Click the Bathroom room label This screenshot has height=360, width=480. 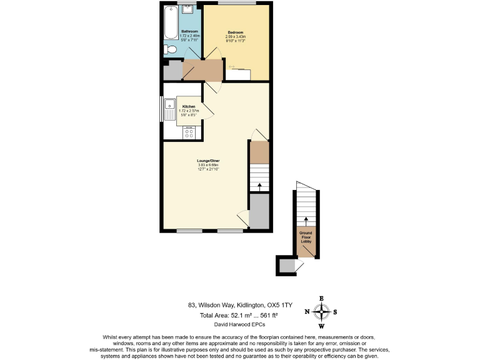[x=189, y=31]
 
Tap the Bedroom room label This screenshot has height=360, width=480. [x=235, y=32]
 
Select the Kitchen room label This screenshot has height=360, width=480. [x=189, y=107]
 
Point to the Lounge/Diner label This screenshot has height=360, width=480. [x=208, y=161]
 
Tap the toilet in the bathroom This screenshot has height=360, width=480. [x=168, y=50]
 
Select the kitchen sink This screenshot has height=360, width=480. [x=169, y=111]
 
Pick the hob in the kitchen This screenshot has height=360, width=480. [x=189, y=133]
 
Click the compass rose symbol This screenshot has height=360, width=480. [x=322, y=312]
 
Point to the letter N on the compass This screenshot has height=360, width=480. [x=307, y=312]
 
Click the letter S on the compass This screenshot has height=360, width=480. [x=336, y=312]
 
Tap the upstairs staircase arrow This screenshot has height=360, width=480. [x=259, y=186]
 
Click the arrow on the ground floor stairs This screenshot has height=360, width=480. [x=306, y=220]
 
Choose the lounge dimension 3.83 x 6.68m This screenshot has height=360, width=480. [x=208, y=166]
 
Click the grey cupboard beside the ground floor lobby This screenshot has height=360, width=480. [x=286, y=266]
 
